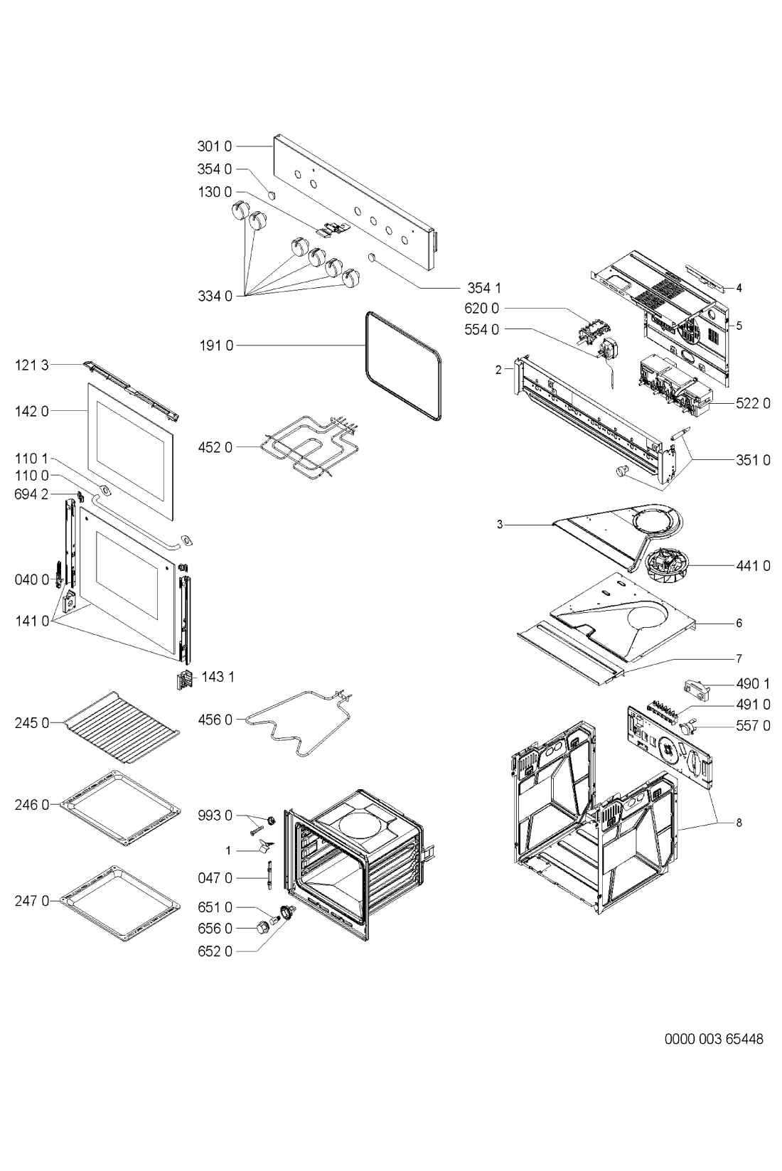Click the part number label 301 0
[214, 146]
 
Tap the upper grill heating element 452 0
[307, 448]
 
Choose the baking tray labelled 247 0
[117, 903]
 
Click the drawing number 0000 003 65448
[713, 1039]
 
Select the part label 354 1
[484, 287]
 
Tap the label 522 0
[753, 403]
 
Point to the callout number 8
[739, 823]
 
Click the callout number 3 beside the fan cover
[500, 524]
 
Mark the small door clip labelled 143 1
[183, 680]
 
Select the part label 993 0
[215, 816]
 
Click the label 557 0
[753, 725]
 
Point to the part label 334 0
[215, 296]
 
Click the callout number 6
[739, 623]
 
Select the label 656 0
[215, 928]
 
